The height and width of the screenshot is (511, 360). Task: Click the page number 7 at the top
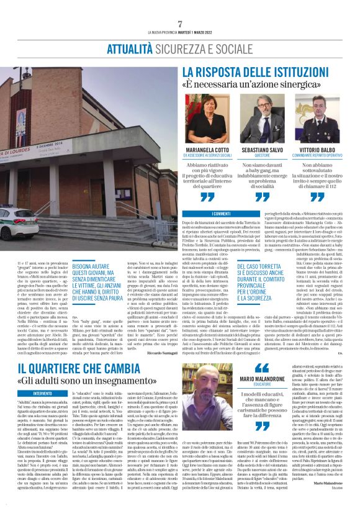click(x=179, y=24)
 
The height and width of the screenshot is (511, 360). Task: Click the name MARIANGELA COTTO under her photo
click(x=209, y=150)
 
